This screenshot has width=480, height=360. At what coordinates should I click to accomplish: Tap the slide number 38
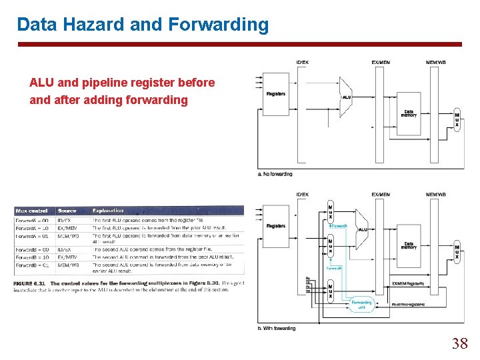pyautogui.click(x=459, y=343)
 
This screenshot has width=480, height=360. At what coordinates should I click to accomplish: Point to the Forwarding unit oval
pyautogui.click(x=361, y=304)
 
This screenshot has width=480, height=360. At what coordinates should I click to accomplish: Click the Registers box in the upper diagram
pyautogui.click(x=275, y=94)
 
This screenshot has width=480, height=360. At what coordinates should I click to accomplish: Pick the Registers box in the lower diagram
pyautogui.click(x=275, y=226)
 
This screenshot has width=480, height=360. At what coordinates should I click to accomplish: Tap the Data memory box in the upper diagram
pyautogui.click(x=409, y=113)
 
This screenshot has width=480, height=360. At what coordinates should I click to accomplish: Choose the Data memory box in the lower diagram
pyautogui.click(x=409, y=246)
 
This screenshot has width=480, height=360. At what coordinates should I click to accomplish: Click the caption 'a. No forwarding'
pyautogui.click(x=275, y=174)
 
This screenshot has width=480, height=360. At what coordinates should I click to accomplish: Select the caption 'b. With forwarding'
pyautogui.click(x=276, y=328)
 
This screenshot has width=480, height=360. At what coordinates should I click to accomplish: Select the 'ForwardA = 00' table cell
pyautogui.click(x=32, y=220)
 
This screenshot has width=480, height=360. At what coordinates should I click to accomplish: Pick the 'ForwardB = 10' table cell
pyautogui.click(x=32, y=257)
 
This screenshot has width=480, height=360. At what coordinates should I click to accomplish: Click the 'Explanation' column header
pyautogui.click(x=107, y=211)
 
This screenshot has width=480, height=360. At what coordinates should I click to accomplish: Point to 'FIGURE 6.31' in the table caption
pyautogui.click(x=31, y=284)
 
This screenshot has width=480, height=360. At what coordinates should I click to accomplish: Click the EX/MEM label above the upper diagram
pyautogui.click(x=381, y=63)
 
